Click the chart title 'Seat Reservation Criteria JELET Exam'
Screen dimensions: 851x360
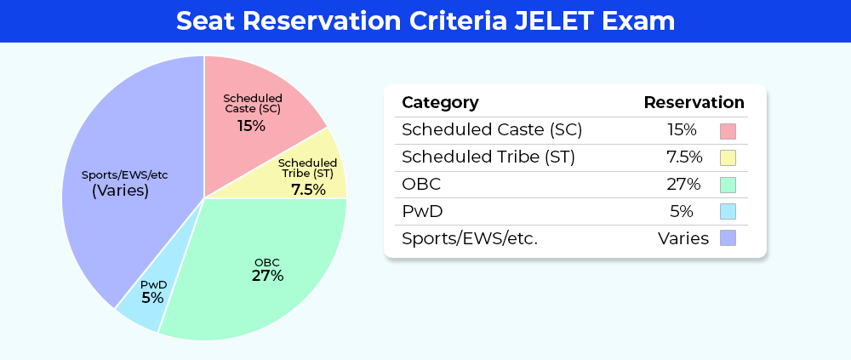[x=425, y=21]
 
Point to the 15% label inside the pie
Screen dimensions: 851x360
[x=251, y=126]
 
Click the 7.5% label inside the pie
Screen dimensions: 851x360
[x=308, y=190]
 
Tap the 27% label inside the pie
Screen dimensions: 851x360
[x=267, y=276]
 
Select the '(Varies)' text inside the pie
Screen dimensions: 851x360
[x=120, y=191]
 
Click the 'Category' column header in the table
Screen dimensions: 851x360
[x=440, y=103]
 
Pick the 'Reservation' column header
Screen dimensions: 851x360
[x=694, y=103]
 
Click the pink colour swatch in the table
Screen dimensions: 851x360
[x=728, y=131]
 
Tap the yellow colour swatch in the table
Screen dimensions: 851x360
[x=728, y=158]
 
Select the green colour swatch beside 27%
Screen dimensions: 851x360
[x=728, y=185]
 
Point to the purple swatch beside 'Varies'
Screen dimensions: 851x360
[x=728, y=237]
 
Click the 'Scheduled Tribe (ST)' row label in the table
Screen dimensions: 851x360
[x=488, y=157]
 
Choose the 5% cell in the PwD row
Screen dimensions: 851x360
[x=682, y=211]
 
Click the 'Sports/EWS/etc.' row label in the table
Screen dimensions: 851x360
[x=470, y=238]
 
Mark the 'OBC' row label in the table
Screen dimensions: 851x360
[x=421, y=185]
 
